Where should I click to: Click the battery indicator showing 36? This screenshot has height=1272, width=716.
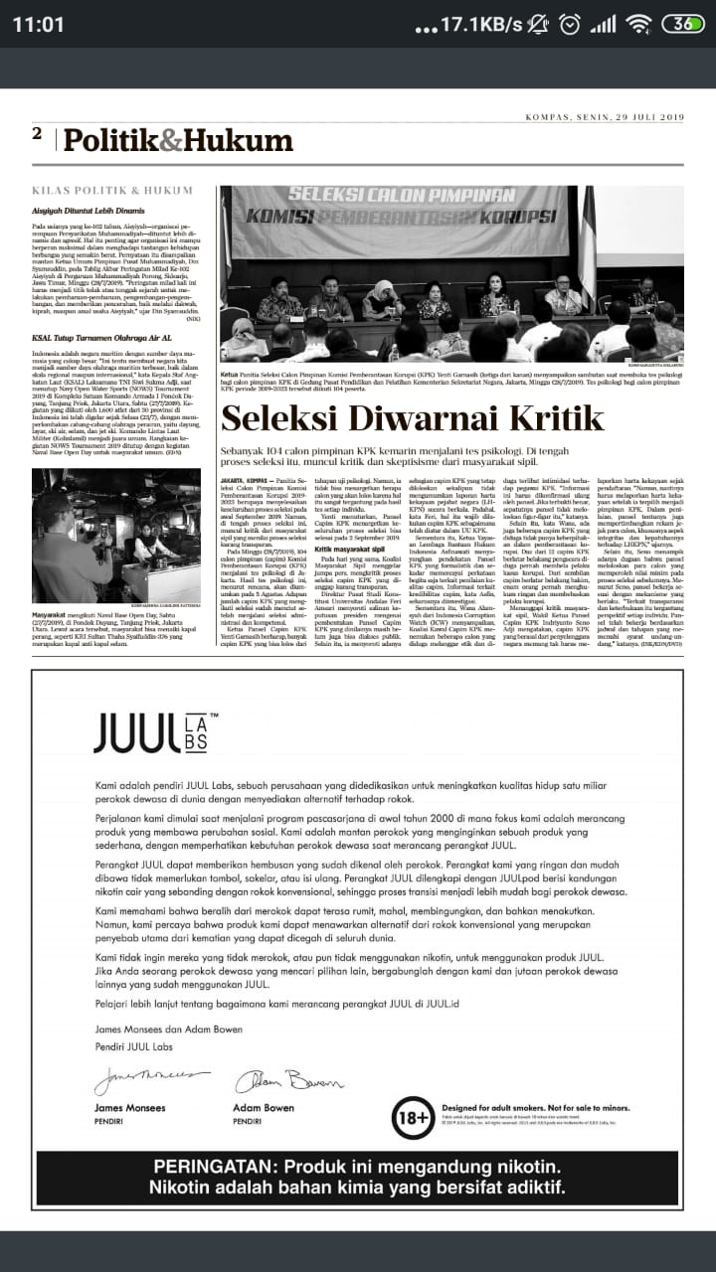(683, 25)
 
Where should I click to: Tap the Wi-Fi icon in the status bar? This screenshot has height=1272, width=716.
(639, 25)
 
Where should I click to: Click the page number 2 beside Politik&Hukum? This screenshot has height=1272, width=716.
(37, 134)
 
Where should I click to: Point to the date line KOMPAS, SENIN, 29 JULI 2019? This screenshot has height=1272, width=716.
(605, 117)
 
